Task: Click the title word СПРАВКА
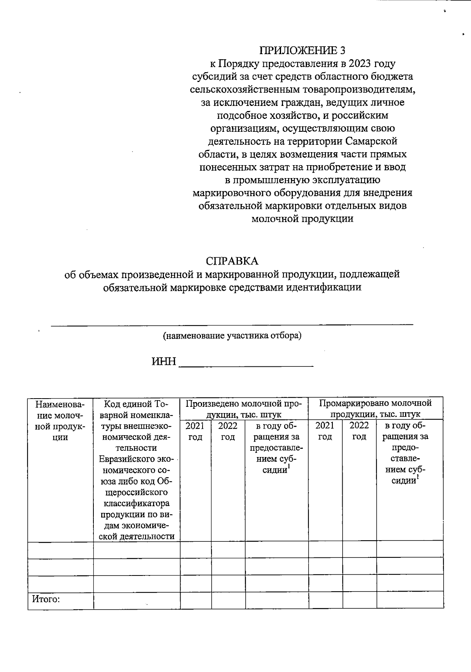click(x=232, y=261)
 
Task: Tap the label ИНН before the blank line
click(x=164, y=362)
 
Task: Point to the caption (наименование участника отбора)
click(x=232, y=336)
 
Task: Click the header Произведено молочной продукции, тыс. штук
click(x=244, y=408)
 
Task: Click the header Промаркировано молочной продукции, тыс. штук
click(x=375, y=408)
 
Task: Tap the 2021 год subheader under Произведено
click(x=195, y=431)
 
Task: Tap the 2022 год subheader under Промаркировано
click(x=359, y=431)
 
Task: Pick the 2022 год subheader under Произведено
click(x=228, y=431)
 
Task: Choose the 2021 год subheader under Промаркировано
click(x=325, y=431)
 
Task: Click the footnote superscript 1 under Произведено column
click(x=288, y=466)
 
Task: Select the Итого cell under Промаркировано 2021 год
click(x=325, y=601)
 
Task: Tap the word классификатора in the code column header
click(x=136, y=503)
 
